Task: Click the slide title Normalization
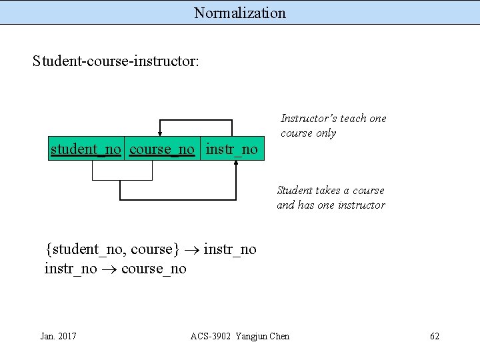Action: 240,13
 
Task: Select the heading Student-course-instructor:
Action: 115,61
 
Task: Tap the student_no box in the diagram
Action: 86,149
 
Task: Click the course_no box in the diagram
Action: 162,149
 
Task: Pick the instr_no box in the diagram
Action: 231,149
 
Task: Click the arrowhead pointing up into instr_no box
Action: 236,165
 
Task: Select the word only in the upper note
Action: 326,133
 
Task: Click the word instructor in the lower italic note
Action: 361,205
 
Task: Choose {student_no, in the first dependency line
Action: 86,249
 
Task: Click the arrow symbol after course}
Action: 191,250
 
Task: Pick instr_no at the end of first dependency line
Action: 230,249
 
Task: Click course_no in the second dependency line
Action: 154,269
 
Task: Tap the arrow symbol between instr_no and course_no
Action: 109,269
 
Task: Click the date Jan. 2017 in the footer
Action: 58,336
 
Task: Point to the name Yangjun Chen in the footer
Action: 262,336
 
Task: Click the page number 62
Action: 435,336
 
